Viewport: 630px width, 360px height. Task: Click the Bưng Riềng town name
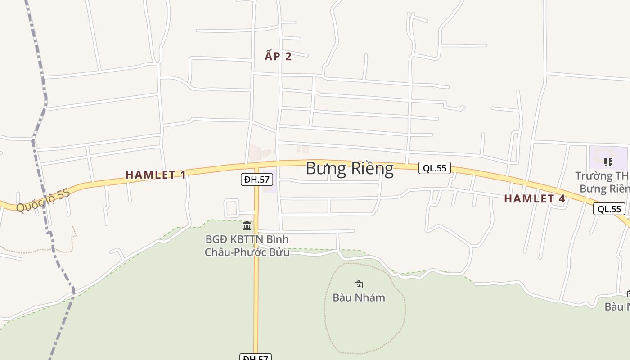[x=350, y=168]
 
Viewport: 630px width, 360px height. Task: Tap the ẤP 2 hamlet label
[x=278, y=56]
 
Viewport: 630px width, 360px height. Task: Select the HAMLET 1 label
[x=155, y=175]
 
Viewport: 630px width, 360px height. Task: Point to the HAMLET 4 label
[x=534, y=198]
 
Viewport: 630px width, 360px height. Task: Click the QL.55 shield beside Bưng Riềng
[x=435, y=168]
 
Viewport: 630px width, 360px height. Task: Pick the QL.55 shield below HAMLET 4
[x=609, y=209]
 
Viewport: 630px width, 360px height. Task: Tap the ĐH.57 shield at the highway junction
[x=256, y=180]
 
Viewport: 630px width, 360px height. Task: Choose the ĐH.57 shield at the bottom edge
[x=256, y=357]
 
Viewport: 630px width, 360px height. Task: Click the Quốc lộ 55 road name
[x=43, y=200]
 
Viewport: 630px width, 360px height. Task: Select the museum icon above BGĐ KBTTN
[x=247, y=225]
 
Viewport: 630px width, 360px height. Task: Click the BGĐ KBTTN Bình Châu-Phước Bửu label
[x=247, y=246]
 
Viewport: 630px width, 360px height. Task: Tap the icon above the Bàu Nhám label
[x=359, y=284]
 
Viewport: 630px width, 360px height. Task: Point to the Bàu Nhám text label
[x=359, y=297]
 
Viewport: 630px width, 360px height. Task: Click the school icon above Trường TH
[x=608, y=162]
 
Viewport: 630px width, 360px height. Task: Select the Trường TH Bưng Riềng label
[x=603, y=182]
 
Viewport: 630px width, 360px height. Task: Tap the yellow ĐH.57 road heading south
[x=256, y=292]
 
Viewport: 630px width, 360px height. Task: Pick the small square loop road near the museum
[x=231, y=208]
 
